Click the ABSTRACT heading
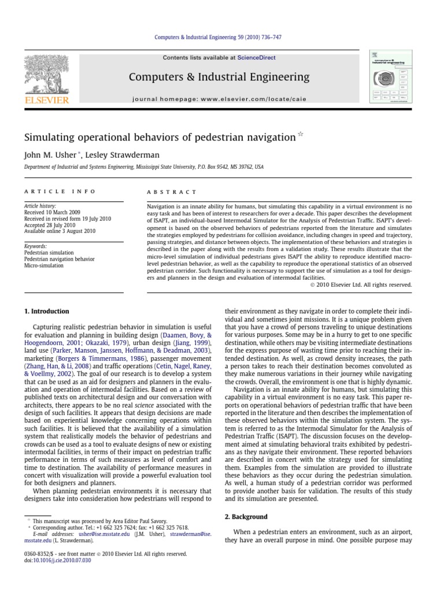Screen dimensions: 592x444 (172, 191)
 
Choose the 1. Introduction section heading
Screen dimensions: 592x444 (46, 311)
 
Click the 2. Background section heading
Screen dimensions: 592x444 (246, 516)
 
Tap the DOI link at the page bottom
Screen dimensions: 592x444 (60, 561)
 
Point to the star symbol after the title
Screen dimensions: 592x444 (300, 134)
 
